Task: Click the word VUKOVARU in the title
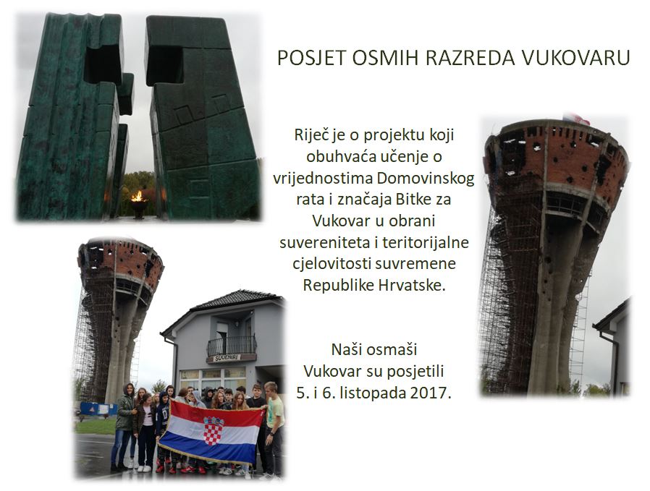(575, 58)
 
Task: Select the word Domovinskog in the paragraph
(426, 178)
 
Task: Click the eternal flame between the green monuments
(139, 197)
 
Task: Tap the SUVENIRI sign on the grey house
(227, 358)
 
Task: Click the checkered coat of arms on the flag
(213, 430)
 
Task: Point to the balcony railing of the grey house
(232, 345)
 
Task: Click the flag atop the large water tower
(577, 119)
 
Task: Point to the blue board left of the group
(98, 409)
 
